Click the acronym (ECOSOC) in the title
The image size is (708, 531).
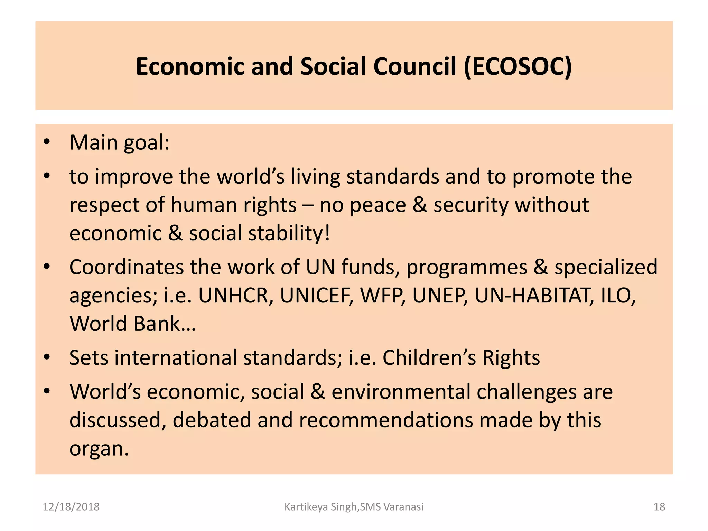click(x=518, y=66)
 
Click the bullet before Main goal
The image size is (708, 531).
click(x=47, y=142)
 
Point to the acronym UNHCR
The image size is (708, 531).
click(x=234, y=296)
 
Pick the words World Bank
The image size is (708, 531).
click(x=132, y=324)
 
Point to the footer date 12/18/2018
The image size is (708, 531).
click(x=71, y=507)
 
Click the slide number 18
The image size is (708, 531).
click(x=659, y=507)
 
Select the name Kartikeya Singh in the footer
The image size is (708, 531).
click(x=320, y=507)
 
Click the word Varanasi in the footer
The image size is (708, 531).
click(x=403, y=507)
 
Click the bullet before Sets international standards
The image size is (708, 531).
click(x=47, y=357)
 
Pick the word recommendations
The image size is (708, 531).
click(x=386, y=420)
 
